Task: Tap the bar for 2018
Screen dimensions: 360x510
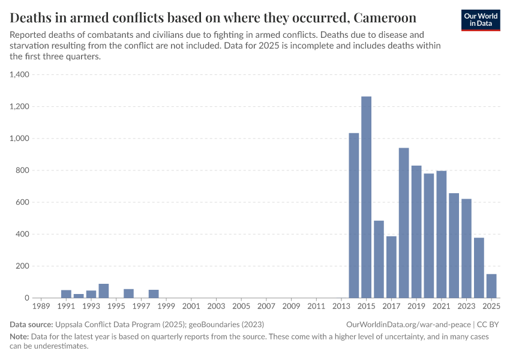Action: pyautogui.click(x=404, y=223)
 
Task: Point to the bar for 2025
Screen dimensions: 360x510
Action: pyautogui.click(x=491, y=286)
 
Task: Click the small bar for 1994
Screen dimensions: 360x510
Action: pyautogui.click(x=104, y=291)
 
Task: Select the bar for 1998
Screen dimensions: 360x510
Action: pyautogui.click(x=154, y=294)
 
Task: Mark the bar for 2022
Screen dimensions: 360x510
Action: pyautogui.click(x=454, y=245)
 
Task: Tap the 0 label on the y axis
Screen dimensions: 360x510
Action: pyautogui.click(x=27, y=298)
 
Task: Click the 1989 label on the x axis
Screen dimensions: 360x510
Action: pyautogui.click(x=41, y=307)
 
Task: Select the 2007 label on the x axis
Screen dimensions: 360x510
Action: pyautogui.click(x=266, y=307)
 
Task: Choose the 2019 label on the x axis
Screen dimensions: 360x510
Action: pyautogui.click(x=416, y=307)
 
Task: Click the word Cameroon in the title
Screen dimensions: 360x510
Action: pyautogui.click(x=383, y=16)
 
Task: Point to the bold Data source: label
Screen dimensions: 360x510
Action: pyautogui.click(x=31, y=324)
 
